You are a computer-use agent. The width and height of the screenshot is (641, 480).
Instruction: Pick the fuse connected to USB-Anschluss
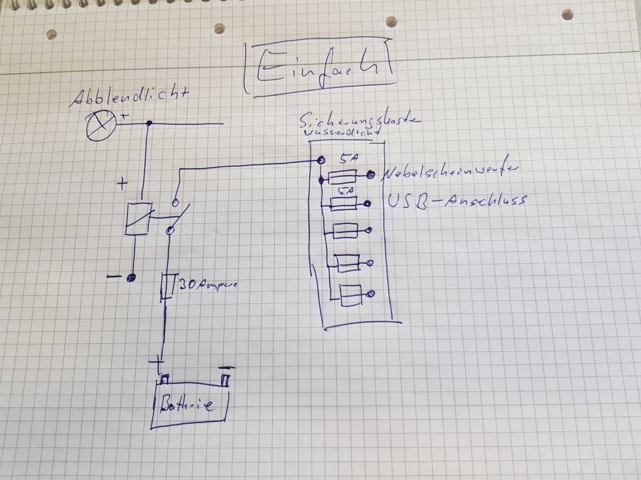coord(344,202)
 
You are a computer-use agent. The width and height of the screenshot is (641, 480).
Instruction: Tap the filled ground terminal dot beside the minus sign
coord(131,278)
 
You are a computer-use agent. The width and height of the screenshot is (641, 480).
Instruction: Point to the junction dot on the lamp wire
coord(148,124)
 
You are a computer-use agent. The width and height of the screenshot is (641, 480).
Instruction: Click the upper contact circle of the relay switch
coord(176,203)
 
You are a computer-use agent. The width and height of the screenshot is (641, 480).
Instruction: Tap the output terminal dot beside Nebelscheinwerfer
coord(371,176)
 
